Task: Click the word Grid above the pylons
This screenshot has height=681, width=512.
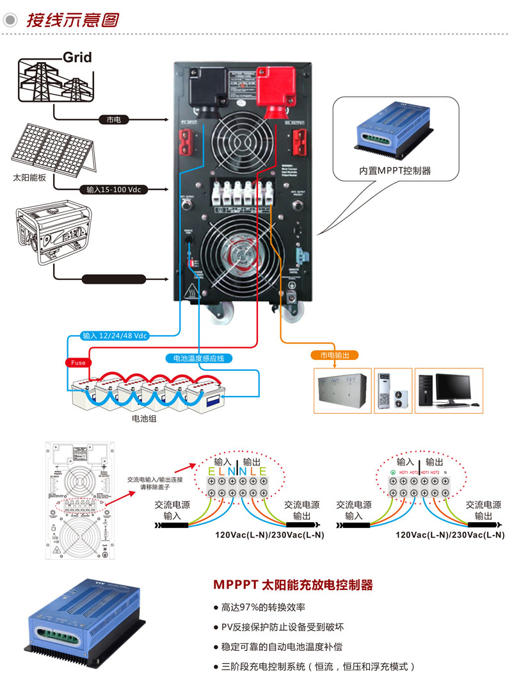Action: point(77,57)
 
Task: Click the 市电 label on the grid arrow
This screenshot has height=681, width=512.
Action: point(113,120)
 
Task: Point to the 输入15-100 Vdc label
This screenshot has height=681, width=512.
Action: point(113,190)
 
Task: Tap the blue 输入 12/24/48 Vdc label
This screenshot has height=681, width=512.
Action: point(115,336)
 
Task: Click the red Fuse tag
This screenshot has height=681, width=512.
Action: point(77,363)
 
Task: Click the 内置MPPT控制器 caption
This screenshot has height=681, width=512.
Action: point(394,171)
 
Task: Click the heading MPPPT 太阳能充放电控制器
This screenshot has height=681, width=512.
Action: point(292,585)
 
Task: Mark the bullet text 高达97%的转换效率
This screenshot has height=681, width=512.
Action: point(263,607)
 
